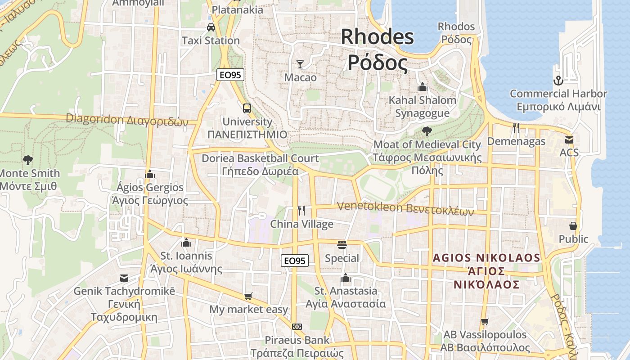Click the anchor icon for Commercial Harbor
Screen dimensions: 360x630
pos(558,81)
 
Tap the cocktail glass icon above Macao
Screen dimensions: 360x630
pos(300,64)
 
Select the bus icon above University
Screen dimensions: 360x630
pos(247,108)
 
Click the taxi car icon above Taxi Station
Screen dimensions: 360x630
pos(211,27)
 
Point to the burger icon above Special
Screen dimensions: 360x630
pos(342,245)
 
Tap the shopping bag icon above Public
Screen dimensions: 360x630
pos(573,225)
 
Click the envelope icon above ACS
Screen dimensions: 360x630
pos(569,139)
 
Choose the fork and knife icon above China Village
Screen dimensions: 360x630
pos(301,210)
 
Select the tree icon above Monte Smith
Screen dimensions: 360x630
pos(28,160)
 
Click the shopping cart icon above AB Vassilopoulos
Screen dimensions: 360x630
pos(485,321)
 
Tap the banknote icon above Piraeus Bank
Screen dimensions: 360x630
pos(297,327)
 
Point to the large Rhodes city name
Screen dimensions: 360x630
pos(378,49)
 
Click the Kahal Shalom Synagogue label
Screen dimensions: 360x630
pos(422,107)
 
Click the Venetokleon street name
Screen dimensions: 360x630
pos(405,209)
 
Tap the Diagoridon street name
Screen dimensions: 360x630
pos(127,120)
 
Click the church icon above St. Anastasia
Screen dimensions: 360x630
pos(346,278)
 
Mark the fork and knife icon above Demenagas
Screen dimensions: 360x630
pos(516,128)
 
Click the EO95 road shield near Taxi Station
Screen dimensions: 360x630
pos(230,75)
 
